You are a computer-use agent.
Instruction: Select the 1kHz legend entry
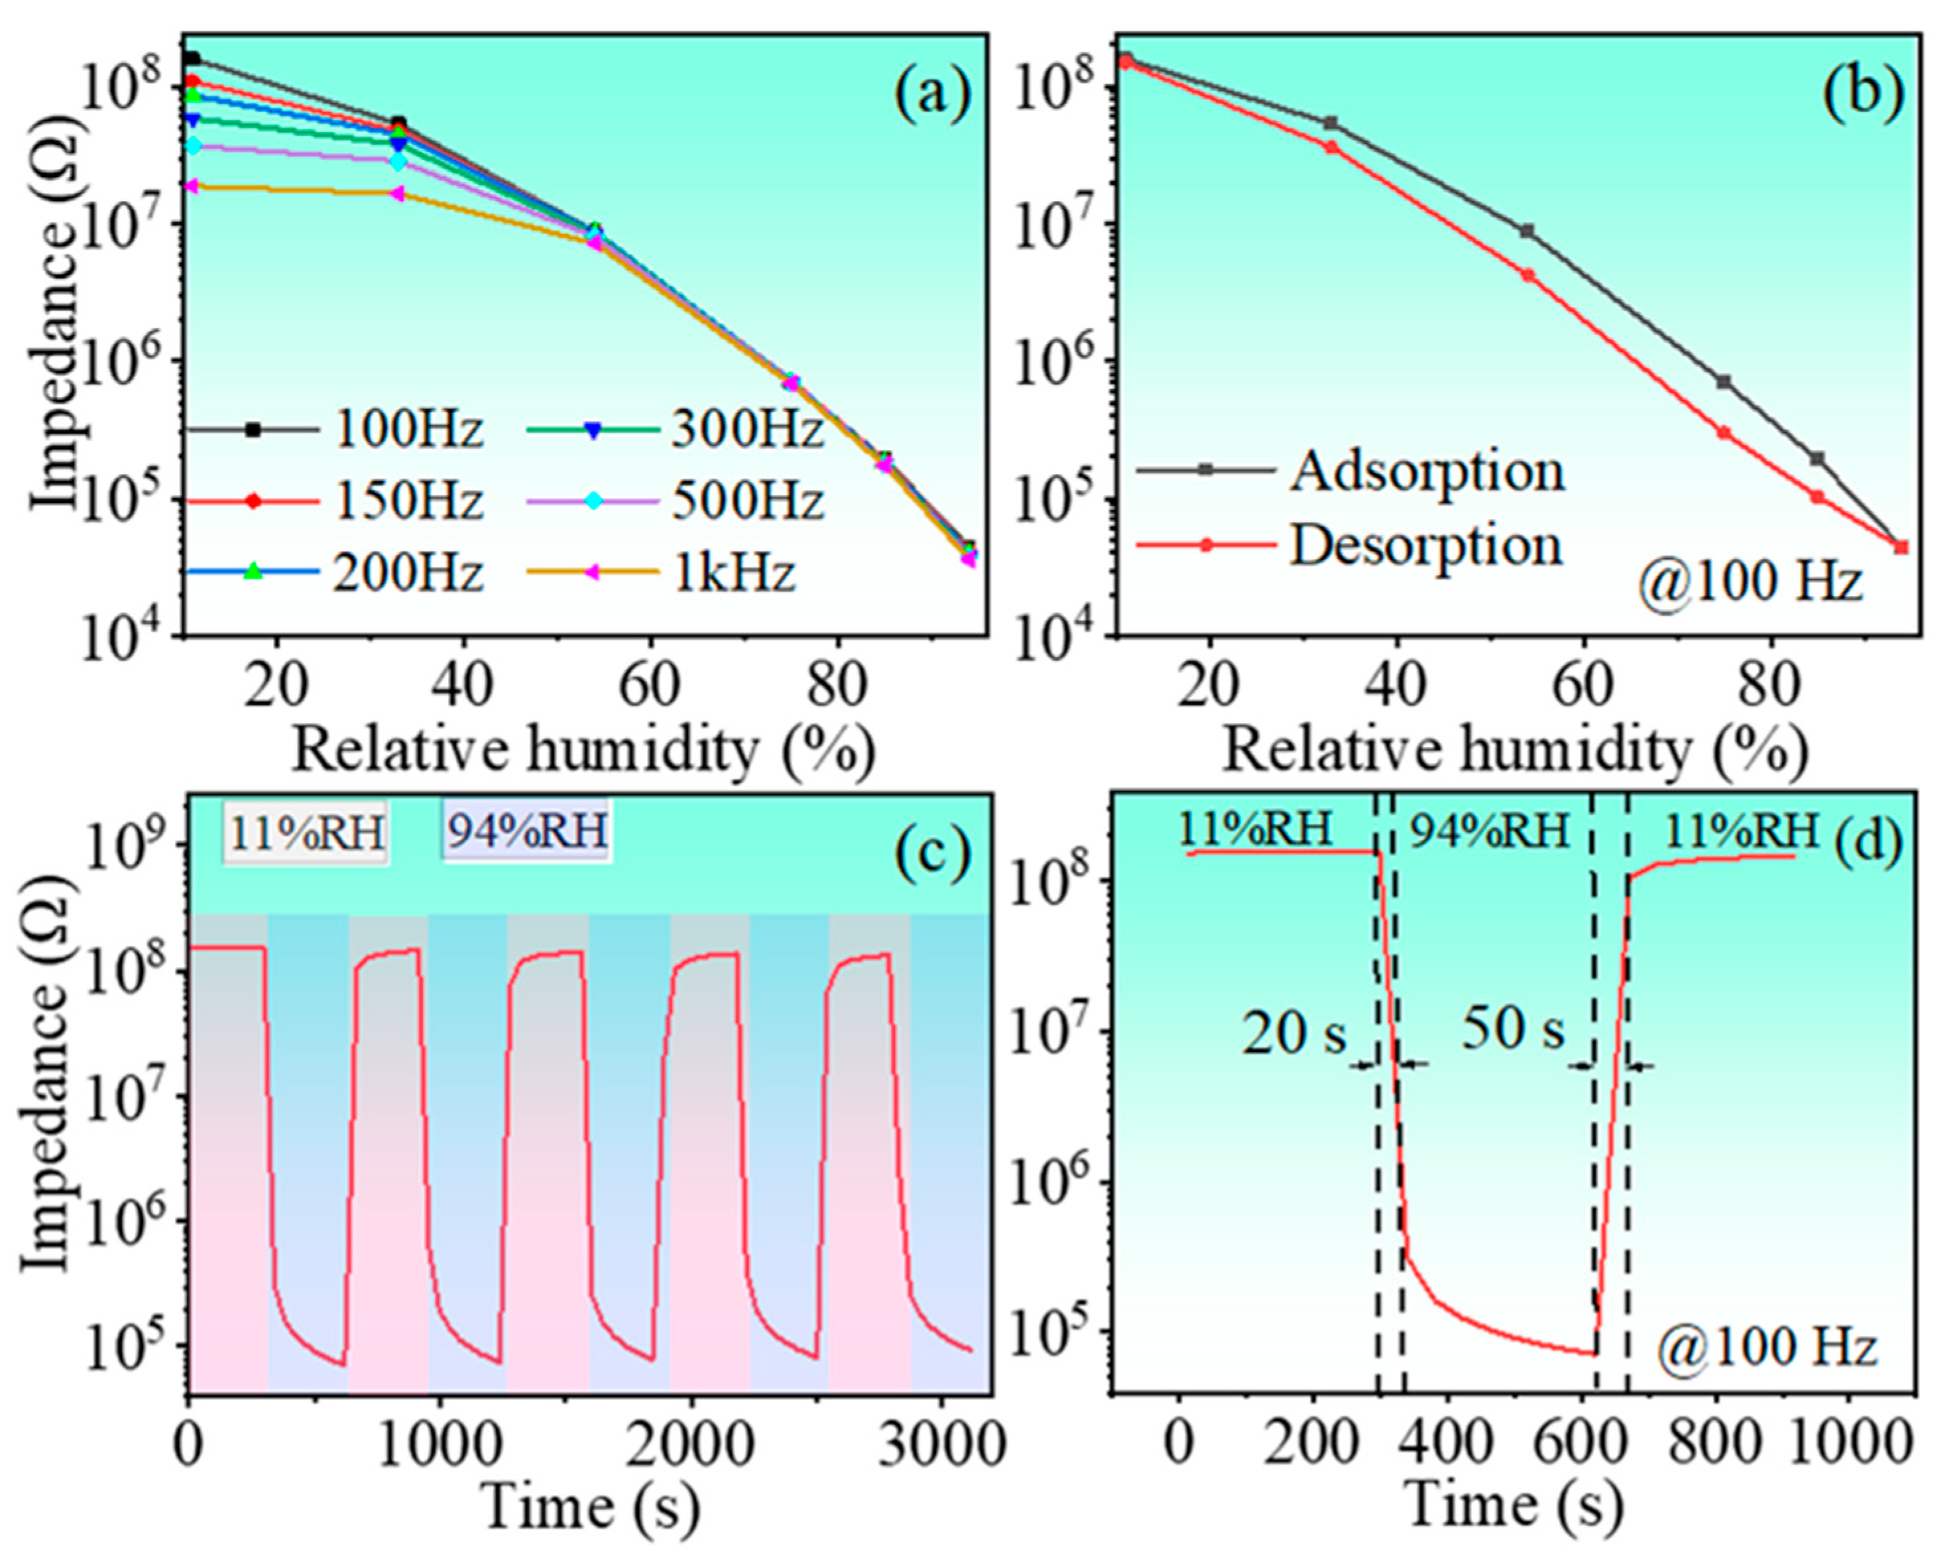pos(734,572)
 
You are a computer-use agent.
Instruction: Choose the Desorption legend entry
pos(1426,545)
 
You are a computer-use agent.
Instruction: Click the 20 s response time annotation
pos(1293,1034)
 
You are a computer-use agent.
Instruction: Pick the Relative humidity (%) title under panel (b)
pos(1515,750)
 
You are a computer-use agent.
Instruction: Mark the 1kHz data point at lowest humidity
pos(190,186)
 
